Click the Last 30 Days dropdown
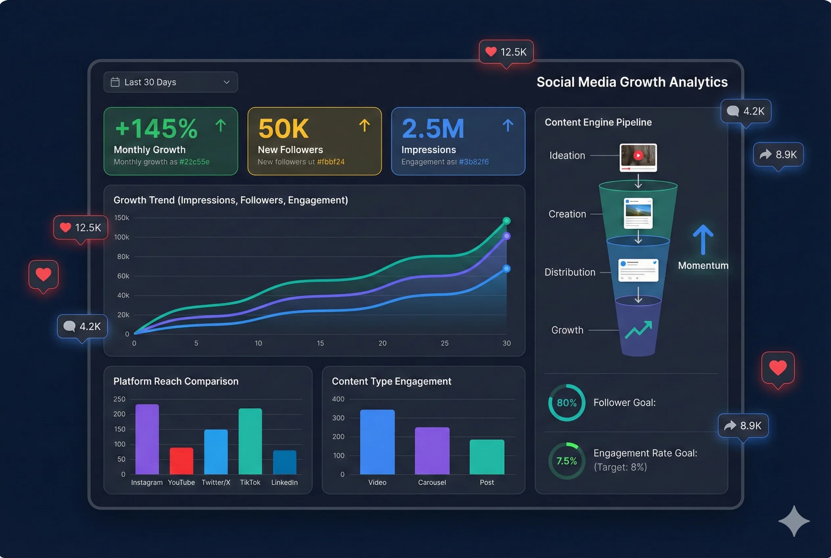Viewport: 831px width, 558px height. tap(170, 82)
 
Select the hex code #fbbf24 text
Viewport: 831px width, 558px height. tap(330, 162)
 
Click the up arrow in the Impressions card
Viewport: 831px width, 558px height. tap(508, 126)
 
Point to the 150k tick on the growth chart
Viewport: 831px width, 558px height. tap(122, 218)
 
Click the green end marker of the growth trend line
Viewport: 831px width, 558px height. tap(506, 221)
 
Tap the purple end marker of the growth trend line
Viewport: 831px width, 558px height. tap(506, 236)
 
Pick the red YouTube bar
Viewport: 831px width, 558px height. tap(181, 461)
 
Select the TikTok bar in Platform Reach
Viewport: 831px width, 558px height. tap(250, 441)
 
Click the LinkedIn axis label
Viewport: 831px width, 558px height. tap(284, 483)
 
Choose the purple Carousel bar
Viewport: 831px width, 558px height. tap(432, 451)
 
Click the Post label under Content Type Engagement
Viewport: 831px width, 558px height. tap(487, 483)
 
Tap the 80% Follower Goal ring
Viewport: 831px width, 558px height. tap(566, 403)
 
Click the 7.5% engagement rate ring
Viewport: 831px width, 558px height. tap(566, 461)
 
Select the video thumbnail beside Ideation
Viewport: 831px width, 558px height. tap(638, 157)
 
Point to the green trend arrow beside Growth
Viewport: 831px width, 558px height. tap(638, 330)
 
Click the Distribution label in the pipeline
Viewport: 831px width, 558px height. tap(570, 272)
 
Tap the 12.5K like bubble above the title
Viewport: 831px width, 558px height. tap(506, 52)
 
